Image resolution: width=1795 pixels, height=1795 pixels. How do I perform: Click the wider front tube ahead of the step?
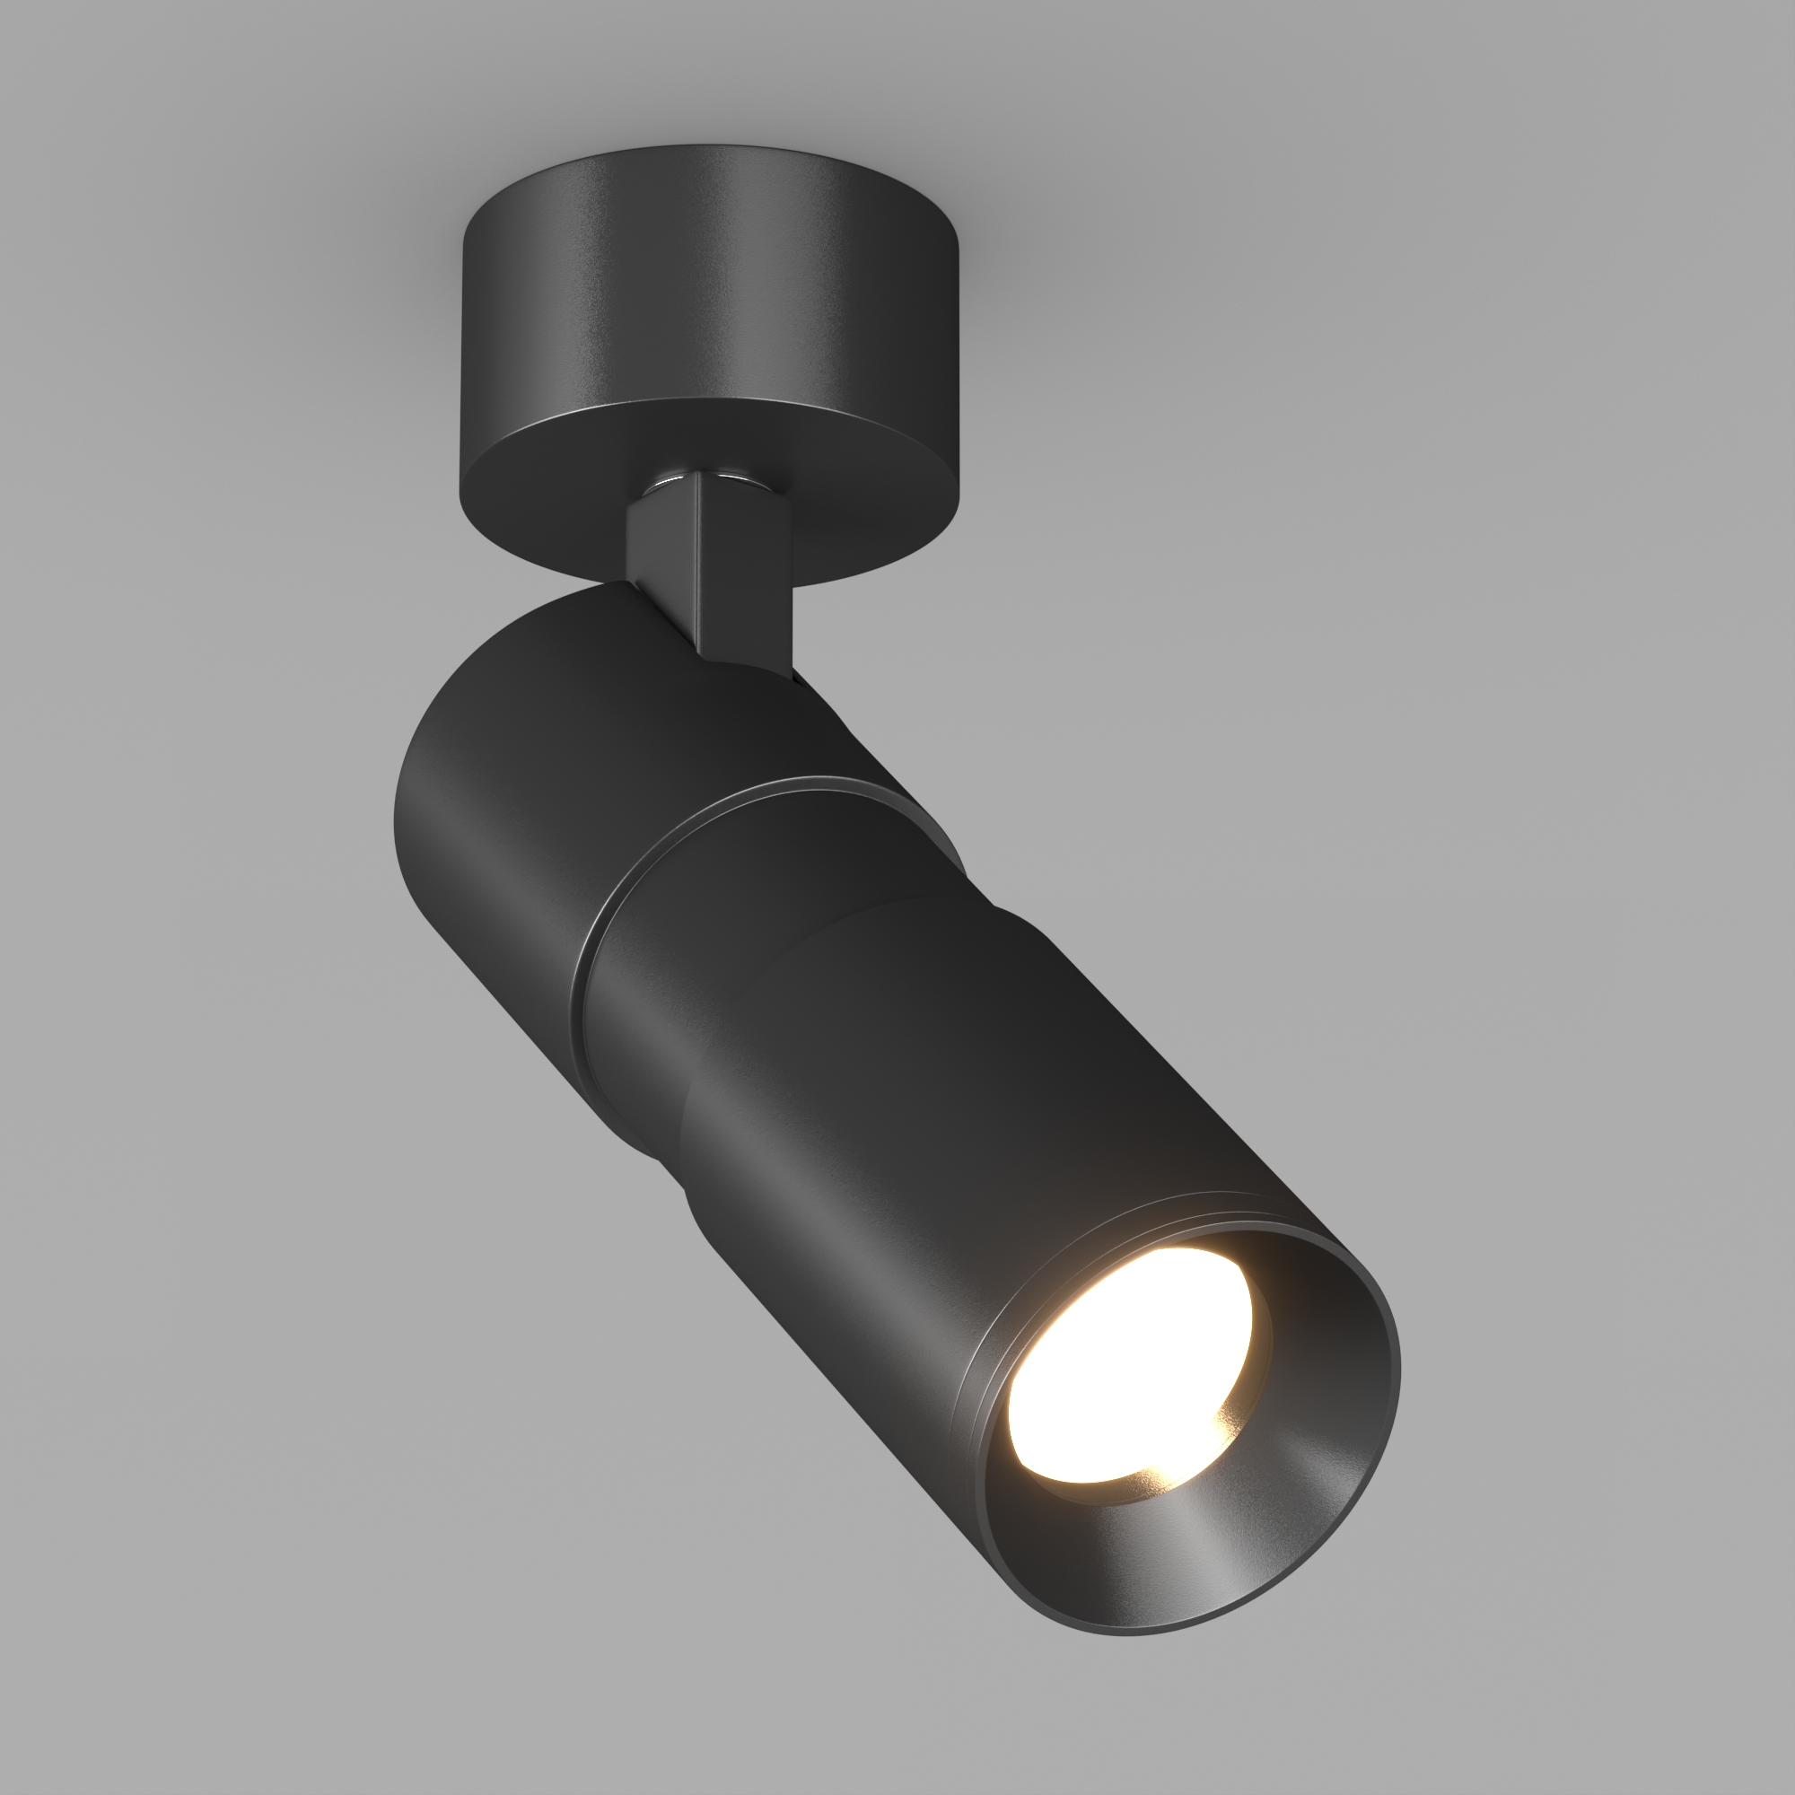click(x=976, y=1115)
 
